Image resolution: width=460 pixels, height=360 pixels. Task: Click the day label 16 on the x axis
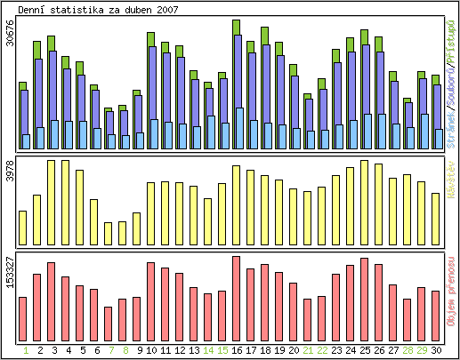[x=237, y=350]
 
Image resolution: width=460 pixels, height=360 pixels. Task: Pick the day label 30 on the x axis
[x=436, y=350]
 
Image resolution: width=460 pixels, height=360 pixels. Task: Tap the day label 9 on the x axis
[x=138, y=350]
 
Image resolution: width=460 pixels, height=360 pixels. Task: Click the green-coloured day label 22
[x=322, y=350]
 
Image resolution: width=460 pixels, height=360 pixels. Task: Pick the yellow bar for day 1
[x=23, y=228]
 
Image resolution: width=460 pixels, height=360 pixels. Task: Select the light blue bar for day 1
[x=27, y=141]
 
